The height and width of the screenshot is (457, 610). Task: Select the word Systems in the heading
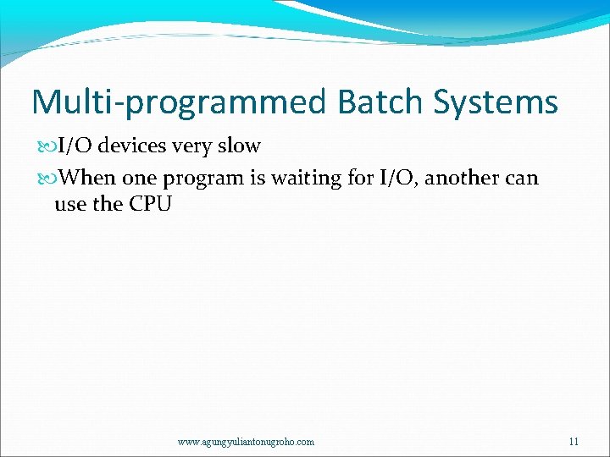pos(496,102)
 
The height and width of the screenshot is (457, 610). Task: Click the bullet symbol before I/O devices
pos(47,146)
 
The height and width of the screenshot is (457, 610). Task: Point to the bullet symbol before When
pos(47,178)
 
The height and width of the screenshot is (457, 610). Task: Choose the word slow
pos(239,146)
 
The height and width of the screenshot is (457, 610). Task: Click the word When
pos(89,178)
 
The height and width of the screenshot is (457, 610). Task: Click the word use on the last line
pos(69,204)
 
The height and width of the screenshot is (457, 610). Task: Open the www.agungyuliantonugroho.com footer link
pos(246,442)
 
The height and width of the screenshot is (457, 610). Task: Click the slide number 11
pos(574,441)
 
